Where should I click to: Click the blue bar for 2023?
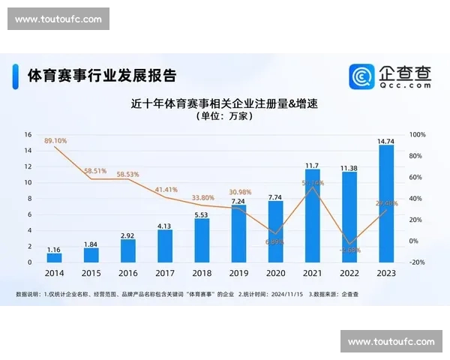[x=386, y=203]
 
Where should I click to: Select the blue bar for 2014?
[x=54, y=257]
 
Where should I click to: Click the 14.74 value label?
[x=386, y=140]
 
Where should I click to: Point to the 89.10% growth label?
[x=55, y=140]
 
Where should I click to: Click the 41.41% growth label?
[x=166, y=190]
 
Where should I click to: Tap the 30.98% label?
[x=238, y=192]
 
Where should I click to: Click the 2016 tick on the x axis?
[x=127, y=274]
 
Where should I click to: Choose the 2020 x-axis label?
[x=275, y=274]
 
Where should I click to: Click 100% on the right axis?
[x=418, y=135]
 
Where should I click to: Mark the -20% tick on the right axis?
[x=418, y=262]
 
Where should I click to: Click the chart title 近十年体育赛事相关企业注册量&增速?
[x=224, y=103]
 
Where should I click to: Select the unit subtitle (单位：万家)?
[x=224, y=118]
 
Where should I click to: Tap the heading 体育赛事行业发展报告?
[x=102, y=76]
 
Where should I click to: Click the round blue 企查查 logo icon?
[x=361, y=76]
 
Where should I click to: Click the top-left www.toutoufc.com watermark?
[x=58, y=19]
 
